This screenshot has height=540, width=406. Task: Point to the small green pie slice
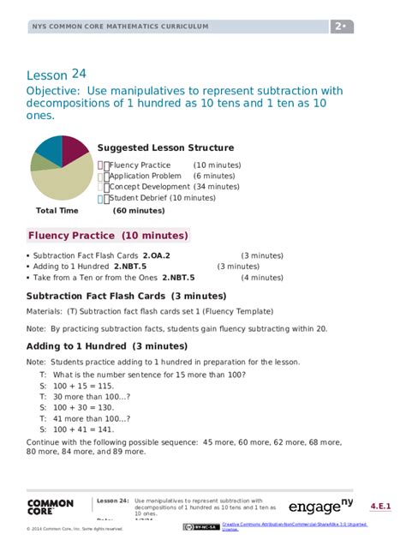[x=37, y=162]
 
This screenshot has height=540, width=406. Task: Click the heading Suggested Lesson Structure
[x=165, y=147]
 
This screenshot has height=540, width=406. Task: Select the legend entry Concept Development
[x=149, y=186]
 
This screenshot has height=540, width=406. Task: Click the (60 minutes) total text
[x=139, y=210]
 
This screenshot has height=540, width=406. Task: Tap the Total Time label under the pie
[x=57, y=210]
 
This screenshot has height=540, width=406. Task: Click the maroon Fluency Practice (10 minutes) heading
[x=108, y=235]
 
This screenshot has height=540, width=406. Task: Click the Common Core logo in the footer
[x=51, y=508]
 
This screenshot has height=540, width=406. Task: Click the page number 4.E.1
[x=382, y=507]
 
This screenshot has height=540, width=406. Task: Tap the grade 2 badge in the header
[x=342, y=27]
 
